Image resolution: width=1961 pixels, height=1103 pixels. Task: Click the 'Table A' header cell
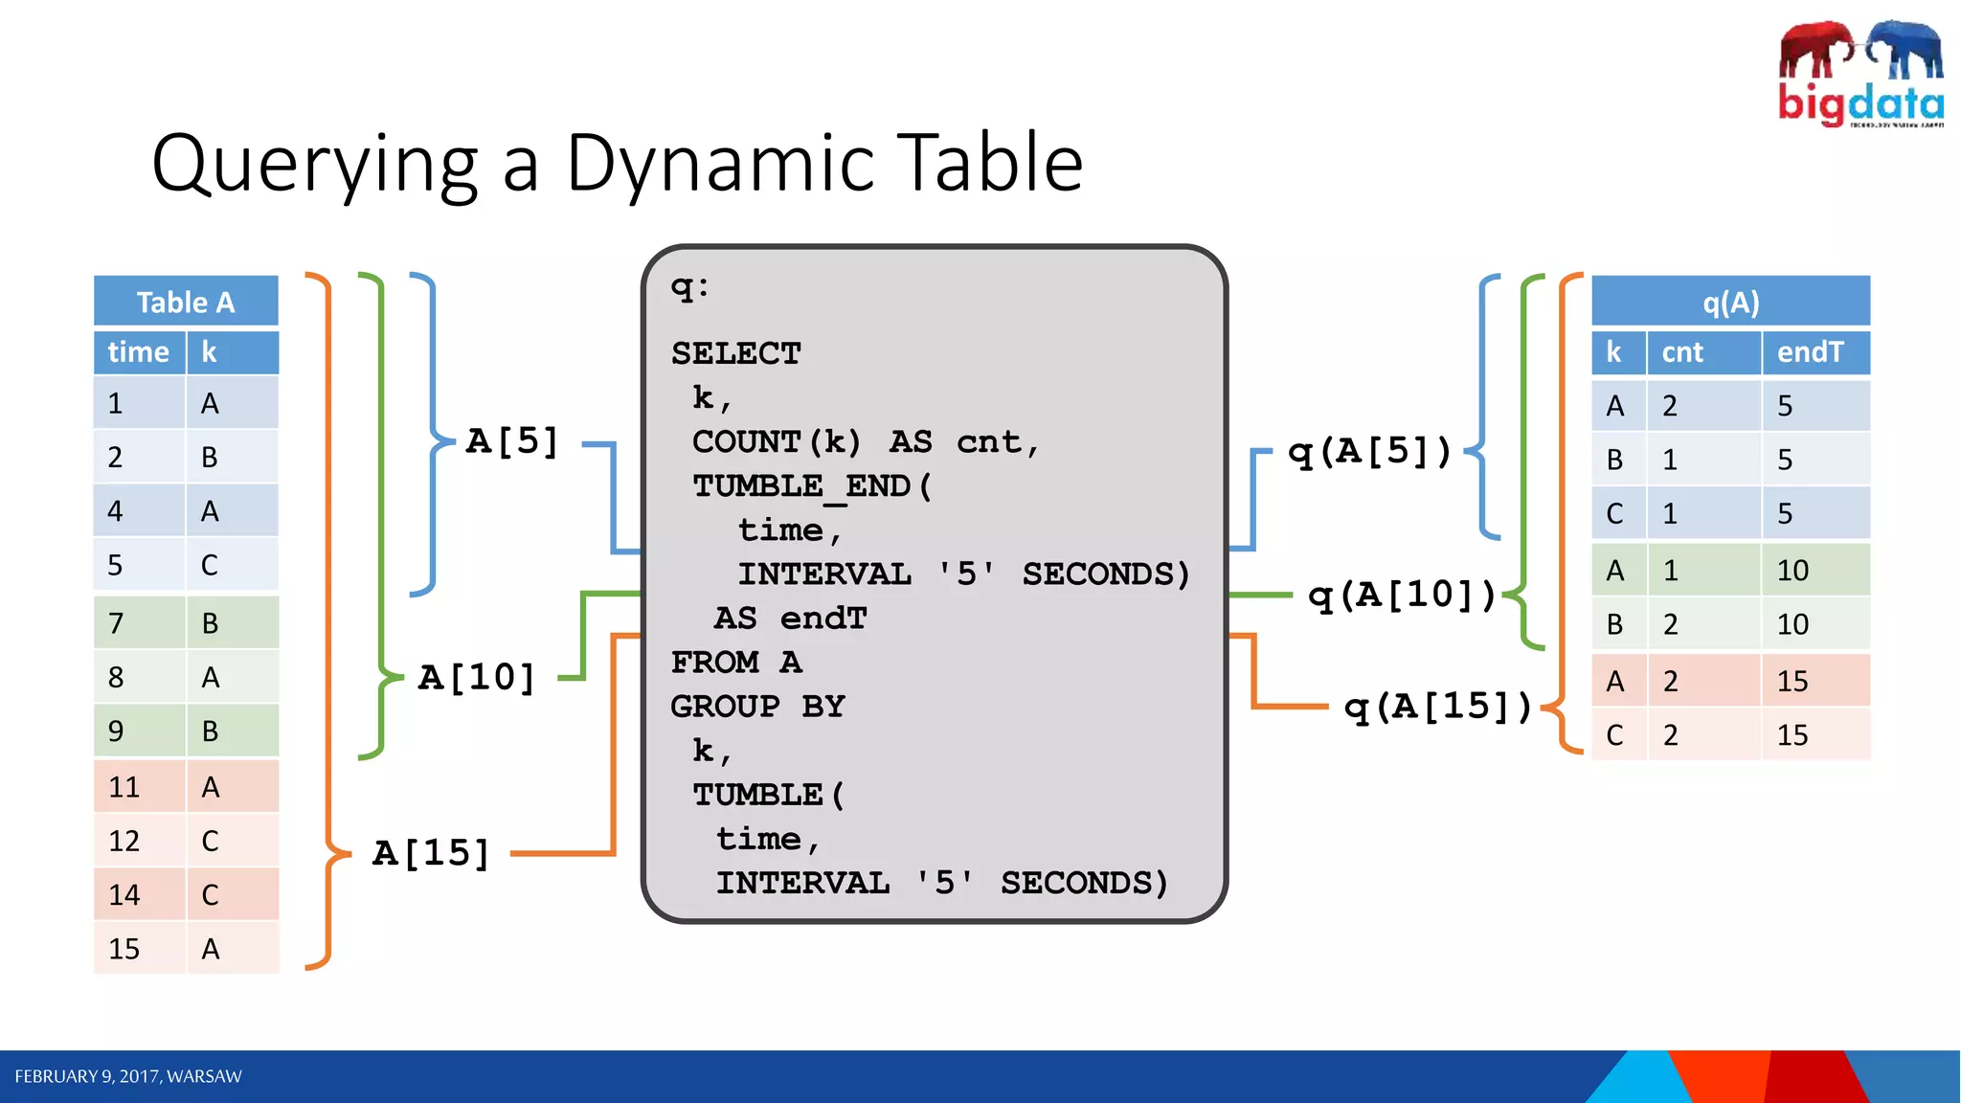[x=186, y=303]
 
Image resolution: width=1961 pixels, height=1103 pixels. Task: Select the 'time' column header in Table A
[x=139, y=352]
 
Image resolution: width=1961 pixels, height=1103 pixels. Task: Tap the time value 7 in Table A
[x=116, y=623]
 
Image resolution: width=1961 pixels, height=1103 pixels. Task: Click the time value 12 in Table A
[x=124, y=841]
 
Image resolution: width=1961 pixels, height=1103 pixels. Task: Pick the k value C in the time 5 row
[x=210, y=565]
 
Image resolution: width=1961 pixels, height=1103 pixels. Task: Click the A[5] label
[x=511, y=441]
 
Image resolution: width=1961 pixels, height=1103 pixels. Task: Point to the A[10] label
[x=477, y=678]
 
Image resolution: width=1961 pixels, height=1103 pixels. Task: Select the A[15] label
[x=431, y=852]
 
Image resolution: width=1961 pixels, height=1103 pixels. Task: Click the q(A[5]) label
[x=1369, y=451]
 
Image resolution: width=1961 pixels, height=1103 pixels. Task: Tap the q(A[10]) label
[x=1402, y=596]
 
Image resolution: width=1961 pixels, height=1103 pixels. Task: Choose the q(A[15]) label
[x=1437, y=707]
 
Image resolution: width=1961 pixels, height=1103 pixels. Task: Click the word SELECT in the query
[x=735, y=353]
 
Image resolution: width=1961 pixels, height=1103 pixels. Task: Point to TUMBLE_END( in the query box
[x=812, y=485]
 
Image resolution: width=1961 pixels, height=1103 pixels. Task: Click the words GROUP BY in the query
[x=757, y=707]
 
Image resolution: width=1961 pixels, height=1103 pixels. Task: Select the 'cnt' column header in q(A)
[x=1682, y=352]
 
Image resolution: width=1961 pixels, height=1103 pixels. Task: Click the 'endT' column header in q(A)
[x=1810, y=352]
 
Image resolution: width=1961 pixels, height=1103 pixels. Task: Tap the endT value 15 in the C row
[x=1792, y=735]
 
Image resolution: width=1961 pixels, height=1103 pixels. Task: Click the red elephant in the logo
[x=1815, y=48]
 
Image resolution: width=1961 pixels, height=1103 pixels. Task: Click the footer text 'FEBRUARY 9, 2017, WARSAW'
[x=128, y=1076]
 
